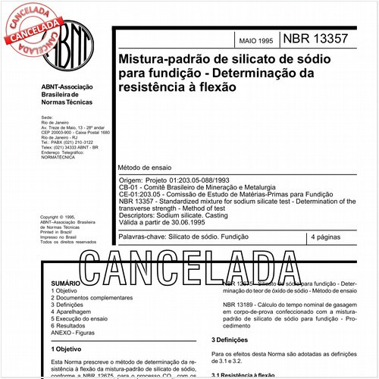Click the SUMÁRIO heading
coord(65,282)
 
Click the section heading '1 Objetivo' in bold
coord(69,350)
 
